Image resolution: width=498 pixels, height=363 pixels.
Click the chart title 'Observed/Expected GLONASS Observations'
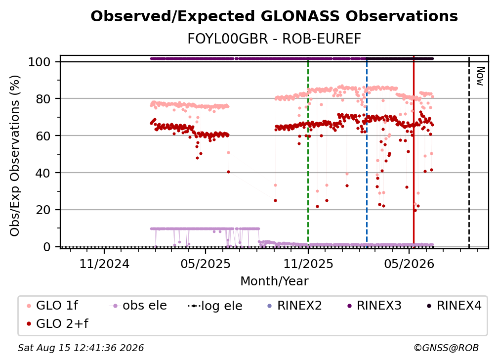(x=274, y=16)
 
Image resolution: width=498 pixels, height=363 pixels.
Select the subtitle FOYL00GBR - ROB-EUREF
(x=274, y=39)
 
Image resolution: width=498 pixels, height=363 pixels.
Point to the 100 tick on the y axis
(x=40, y=62)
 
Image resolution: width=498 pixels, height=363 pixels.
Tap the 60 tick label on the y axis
(x=43, y=136)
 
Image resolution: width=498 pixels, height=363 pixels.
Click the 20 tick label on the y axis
(x=43, y=210)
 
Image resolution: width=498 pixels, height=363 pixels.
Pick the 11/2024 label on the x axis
(x=104, y=264)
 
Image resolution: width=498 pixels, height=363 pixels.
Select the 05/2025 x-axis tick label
(x=206, y=264)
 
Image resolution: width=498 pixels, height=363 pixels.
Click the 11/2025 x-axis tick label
(x=308, y=264)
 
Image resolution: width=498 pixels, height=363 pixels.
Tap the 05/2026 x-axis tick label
(x=409, y=264)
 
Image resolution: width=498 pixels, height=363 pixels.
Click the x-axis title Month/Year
(x=274, y=281)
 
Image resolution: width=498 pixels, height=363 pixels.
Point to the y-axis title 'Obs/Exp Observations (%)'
(x=15, y=155)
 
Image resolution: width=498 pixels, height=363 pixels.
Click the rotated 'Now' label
(x=480, y=76)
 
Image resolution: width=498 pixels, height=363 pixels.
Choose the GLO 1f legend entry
(x=52, y=306)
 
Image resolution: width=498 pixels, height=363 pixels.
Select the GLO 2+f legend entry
(x=57, y=323)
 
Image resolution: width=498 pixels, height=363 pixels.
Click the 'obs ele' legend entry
(x=138, y=306)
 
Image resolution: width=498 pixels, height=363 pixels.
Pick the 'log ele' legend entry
(x=215, y=306)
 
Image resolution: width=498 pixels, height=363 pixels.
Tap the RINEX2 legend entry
(x=295, y=306)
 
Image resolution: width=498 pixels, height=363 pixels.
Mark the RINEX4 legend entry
(x=454, y=306)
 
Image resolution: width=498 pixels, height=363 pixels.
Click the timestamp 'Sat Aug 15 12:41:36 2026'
(x=81, y=348)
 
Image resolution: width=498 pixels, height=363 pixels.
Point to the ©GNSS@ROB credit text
(x=446, y=348)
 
